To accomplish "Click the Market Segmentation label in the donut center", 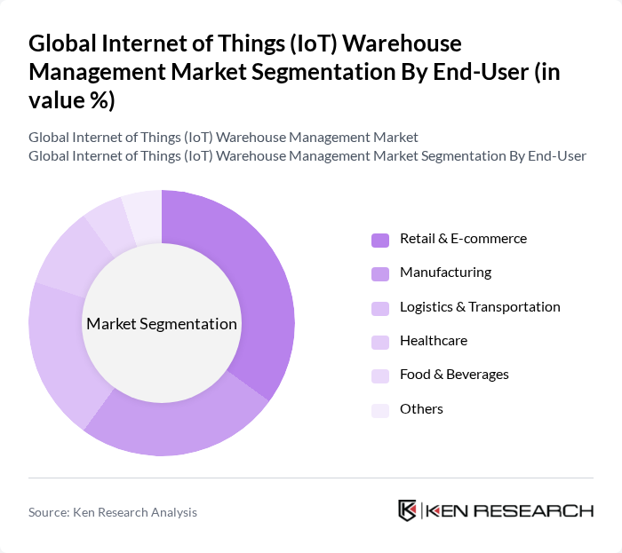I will click(162, 324).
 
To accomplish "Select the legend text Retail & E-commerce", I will click(463, 239).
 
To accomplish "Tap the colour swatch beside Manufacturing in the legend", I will click(380, 273).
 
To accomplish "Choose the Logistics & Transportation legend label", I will click(480, 307).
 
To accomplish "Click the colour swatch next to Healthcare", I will click(380, 342).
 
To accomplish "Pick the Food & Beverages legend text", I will click(454, 375).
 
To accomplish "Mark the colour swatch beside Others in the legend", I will click(380, 409).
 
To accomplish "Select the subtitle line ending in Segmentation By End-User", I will click(307, 156).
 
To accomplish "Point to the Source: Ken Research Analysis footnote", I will click(113, 512).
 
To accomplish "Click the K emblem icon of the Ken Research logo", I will click(408, 510).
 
